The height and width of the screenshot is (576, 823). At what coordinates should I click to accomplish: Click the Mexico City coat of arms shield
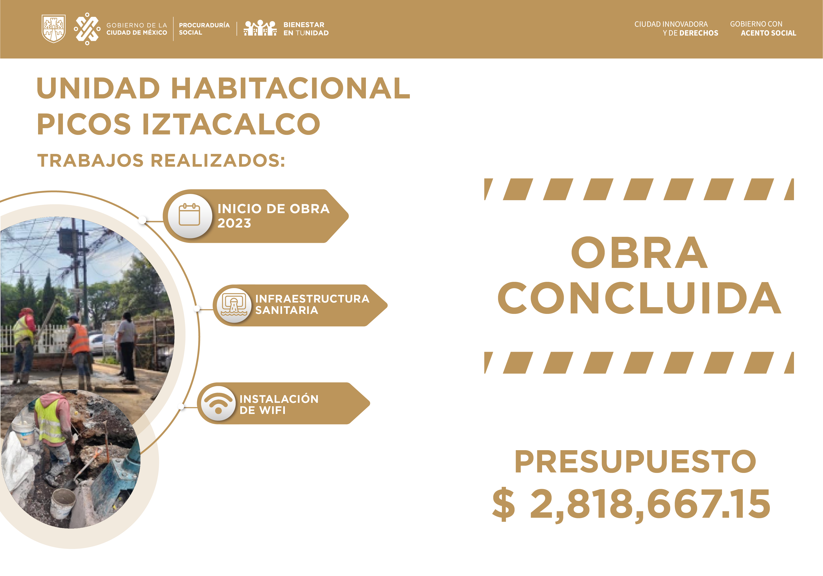click(x=54, y=29)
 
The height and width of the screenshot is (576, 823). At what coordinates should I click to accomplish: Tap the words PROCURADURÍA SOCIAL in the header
click(x=204, y=29)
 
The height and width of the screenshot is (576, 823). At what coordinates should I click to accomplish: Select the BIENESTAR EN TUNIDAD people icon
click(x=260, y=28)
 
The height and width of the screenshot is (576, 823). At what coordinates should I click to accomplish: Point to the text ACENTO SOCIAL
click(x=768, y=33)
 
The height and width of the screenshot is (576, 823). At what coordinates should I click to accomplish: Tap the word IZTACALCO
click(x=231, y=124)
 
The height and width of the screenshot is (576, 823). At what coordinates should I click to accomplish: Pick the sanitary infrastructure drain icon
click(x=234, y=305)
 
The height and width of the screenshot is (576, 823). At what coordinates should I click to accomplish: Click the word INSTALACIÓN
click(x=279, y=399)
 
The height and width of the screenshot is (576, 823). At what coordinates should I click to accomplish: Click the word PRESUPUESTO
click(x=635, y=462)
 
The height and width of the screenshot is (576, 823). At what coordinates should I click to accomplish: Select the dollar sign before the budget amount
click(x=504, y=504)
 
